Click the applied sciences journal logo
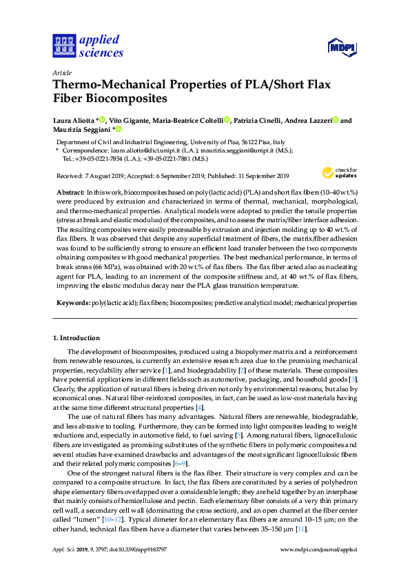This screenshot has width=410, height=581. [x=88, y=46]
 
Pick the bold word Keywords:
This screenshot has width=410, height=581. [x=72, y=303]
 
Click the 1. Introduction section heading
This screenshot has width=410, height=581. [x=76, y=337]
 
